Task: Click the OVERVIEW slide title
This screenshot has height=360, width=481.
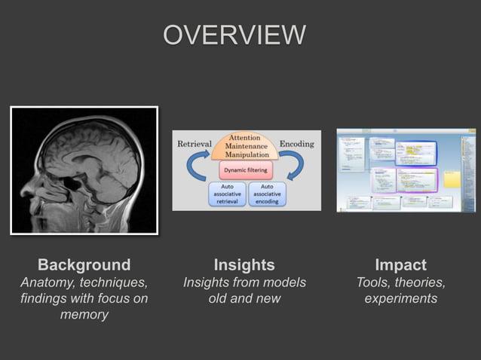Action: coord(234,35)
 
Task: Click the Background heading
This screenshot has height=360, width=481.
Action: coord(84,264)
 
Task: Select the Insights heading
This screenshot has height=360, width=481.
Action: coord(244,264)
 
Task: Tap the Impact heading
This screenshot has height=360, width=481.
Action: coord(400,264)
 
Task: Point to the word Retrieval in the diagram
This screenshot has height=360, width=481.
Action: coord(193,143)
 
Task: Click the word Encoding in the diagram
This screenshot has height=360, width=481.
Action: coord(297,143)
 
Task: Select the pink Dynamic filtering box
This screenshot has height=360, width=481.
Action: coord(245,171)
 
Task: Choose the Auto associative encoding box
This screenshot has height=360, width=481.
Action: coord(266,194)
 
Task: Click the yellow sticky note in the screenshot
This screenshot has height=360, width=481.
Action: coord(452,178)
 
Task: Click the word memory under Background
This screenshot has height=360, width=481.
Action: coord(84,315)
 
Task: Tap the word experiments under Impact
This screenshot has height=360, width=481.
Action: coord(400,299)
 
